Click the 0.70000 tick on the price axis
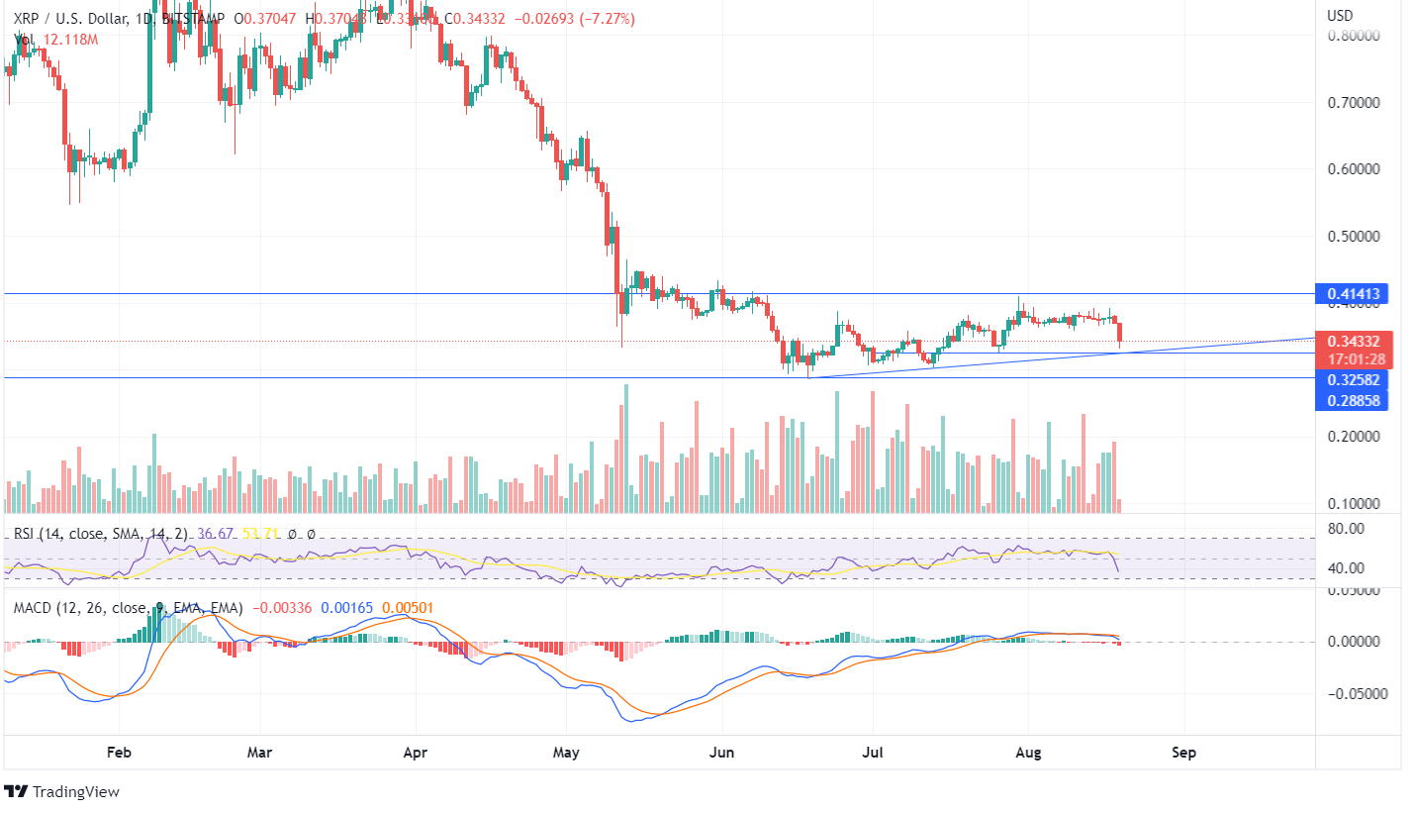coord(1353,102)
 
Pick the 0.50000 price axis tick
coord(1353,236)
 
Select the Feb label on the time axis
coord(118,753)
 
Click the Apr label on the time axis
coord(415,753)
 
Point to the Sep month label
coord(1183,753)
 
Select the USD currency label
coord(1339,16)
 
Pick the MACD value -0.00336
coord(282,607)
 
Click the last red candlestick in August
coord(1120,332)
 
